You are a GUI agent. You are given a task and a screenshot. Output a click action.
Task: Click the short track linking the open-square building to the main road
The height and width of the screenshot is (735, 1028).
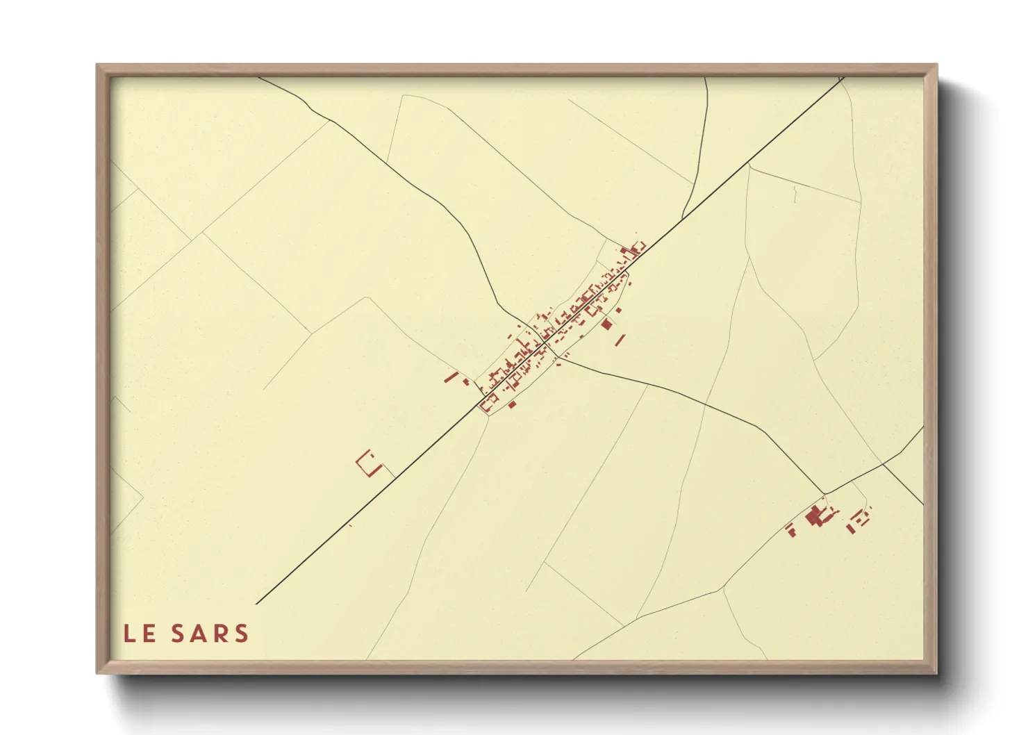tap(388, 472)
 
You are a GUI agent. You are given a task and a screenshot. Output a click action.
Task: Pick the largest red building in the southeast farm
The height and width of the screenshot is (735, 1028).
tap(813, 516)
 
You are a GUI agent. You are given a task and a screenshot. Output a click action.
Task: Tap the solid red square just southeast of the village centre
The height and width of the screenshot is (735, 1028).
tap(606, 324)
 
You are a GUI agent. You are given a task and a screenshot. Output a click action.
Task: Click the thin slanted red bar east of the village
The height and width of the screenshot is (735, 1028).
tap(620, 340)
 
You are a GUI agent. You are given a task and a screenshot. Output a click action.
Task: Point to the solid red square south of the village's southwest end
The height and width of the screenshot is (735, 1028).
tap(513, 404)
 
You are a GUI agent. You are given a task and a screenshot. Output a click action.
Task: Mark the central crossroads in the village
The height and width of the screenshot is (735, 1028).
tap(542, 341)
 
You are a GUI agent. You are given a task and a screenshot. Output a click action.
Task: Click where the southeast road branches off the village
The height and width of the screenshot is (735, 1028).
tap(560, 358)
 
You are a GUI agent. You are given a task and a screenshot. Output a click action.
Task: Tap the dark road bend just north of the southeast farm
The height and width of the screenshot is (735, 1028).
tap(825, 493)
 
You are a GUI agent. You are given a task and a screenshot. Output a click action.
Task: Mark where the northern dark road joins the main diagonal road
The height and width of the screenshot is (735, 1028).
tap(682, 218)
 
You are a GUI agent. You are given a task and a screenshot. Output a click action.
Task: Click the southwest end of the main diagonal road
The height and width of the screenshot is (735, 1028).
tap(256, 604)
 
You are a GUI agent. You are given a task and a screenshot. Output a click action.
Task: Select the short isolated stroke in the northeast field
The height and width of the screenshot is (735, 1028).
tap(794, 195)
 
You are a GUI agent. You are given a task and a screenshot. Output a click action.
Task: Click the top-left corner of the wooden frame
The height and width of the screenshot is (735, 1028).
tap(97, 65)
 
